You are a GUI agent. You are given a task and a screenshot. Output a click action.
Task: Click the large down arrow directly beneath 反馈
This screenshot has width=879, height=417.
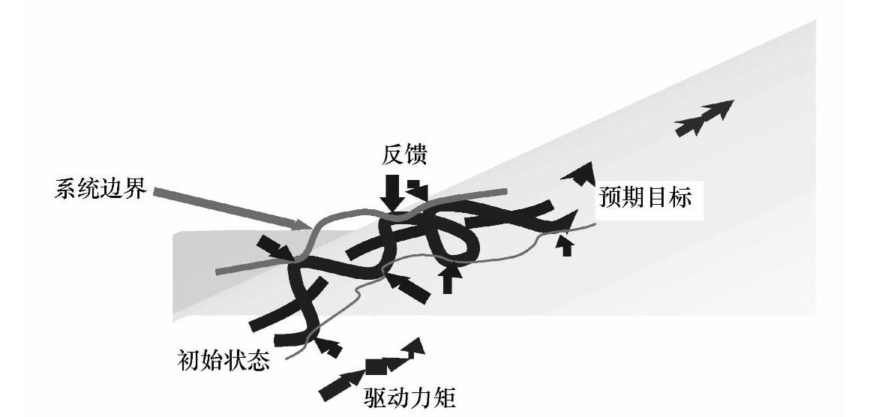(x=391, y=193)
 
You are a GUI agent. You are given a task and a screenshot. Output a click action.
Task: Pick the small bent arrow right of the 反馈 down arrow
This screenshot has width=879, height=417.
(x=416, y=190)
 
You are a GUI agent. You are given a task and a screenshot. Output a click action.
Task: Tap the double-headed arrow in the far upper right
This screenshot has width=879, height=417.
(x=703, y=117)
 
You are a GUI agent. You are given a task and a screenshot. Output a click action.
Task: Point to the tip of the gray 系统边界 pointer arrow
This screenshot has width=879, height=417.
(x=307, y=226)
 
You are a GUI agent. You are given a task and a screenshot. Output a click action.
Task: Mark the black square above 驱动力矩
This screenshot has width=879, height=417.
(x=374, y=367)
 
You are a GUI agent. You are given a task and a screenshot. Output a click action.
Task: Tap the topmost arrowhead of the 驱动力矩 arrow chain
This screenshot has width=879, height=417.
(x=415, y=346)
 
